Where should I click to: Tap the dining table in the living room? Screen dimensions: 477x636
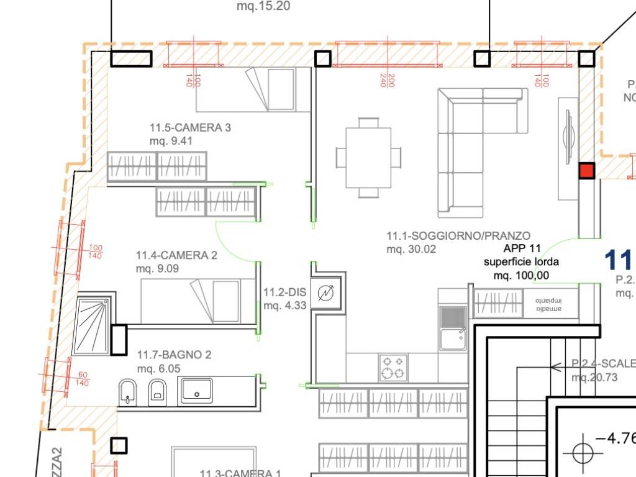[x=368, y=157]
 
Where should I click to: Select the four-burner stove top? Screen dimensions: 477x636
[x=394, y=367]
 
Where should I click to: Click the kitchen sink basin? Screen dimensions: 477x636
[x=453, y=339]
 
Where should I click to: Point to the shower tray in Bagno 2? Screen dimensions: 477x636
[x=91, y=325]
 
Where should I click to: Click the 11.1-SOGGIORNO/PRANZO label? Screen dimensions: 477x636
[x=458, y=236]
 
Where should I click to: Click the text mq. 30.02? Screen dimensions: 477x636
[x=411, y=250]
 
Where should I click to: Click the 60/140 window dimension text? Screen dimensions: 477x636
[x=83, y=379]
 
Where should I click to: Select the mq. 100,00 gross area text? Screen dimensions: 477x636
[x=521, y=275]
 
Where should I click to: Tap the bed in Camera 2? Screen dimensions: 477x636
[x=199, y=301]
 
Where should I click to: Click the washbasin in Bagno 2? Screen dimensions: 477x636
[x=196, y=391]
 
